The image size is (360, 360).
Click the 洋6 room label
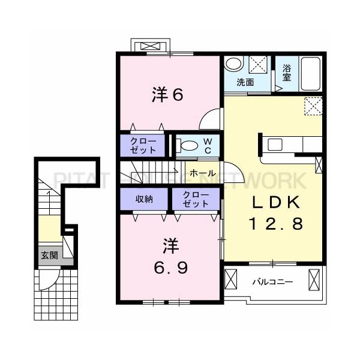click(x=167, y=95)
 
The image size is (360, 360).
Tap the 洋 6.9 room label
click(x=171, y=256)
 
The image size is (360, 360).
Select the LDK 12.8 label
click(x=276, y=212)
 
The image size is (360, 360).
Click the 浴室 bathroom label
click(x=287, y=73)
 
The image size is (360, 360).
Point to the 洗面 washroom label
click(x=245, y=82)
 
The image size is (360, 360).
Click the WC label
click(x=208, y=146)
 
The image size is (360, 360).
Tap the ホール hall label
click(x=203, y=173)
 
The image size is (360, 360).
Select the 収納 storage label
click(x=144, y=199)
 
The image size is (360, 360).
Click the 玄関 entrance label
click(x=49, y=255)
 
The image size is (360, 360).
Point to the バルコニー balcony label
click(x=272, y=282)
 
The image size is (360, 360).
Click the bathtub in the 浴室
click(x=311, y=74)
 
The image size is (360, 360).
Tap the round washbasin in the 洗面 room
click(x=234, y=64)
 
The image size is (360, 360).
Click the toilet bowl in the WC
click(x=190, y=146)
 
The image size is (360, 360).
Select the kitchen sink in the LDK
click(x=275, y=145)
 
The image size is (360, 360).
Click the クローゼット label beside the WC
click(x=143, y=146)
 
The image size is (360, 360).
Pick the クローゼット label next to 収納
click(x=196, y=199)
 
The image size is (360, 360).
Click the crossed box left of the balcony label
click(x=230, y=280)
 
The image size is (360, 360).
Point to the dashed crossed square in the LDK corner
click(x=313, y=106)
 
